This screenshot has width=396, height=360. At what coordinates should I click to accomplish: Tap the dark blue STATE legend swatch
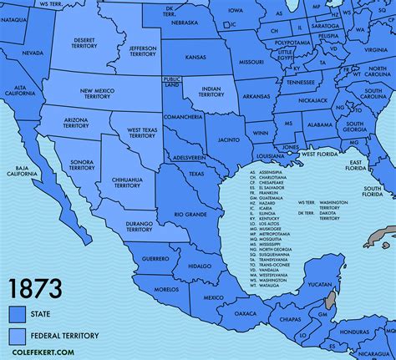click(17, 314)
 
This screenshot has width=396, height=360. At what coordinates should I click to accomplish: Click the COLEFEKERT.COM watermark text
click(38, 353)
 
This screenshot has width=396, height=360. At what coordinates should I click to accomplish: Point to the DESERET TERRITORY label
click(84, 43)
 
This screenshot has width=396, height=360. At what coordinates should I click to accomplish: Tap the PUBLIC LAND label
click(171, 82)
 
